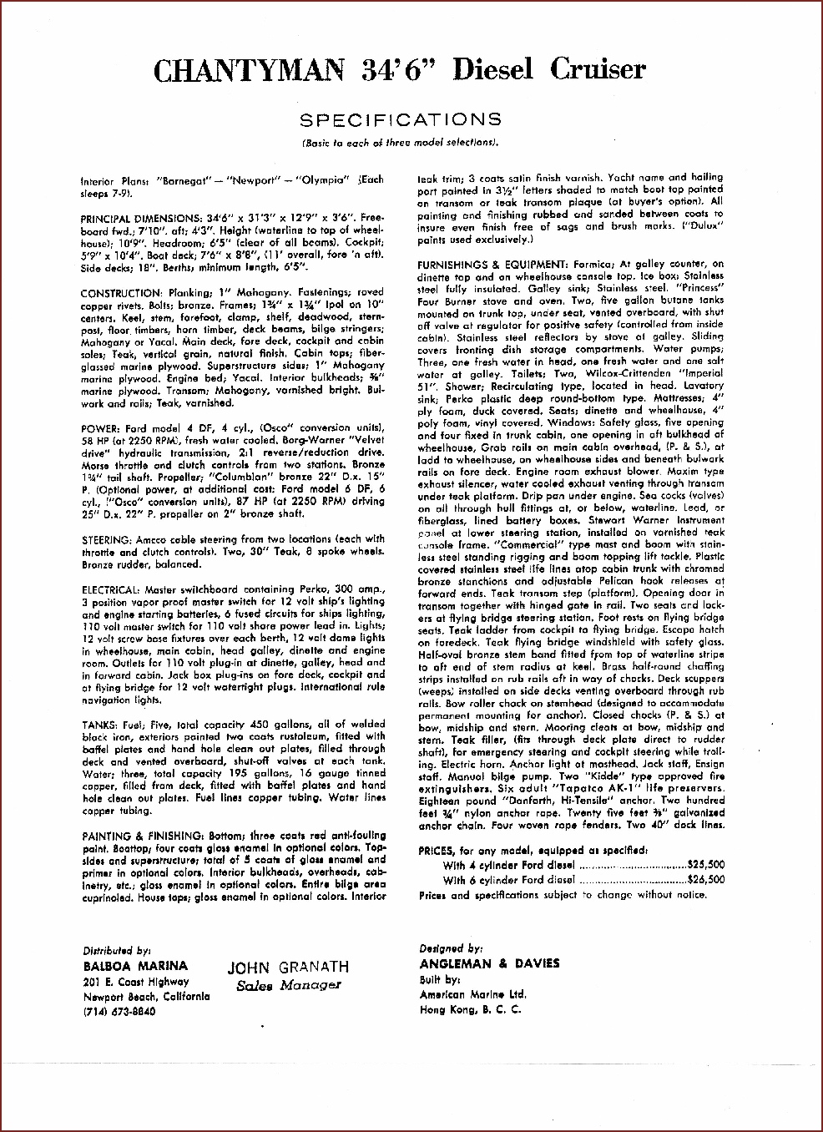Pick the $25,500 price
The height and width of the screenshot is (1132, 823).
point(705,866)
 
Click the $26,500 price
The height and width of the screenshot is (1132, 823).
point(705,880)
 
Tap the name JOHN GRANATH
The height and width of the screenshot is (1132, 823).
point(288,968)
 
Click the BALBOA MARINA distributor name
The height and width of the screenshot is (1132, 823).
point(135,966)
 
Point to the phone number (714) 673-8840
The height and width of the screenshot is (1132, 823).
point(119,1012)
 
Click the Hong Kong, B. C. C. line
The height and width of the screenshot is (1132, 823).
point(471,1009)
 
